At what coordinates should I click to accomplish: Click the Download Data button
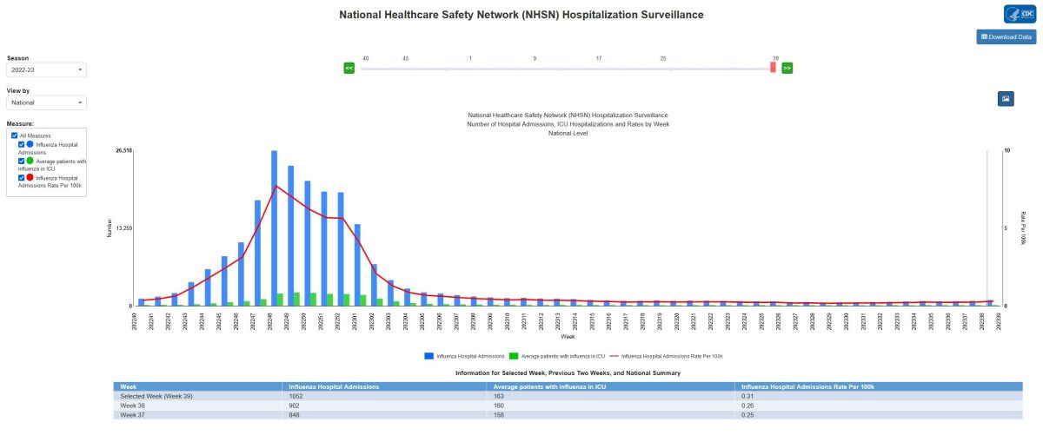[1006, 36]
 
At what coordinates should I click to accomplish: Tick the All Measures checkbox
[13, 135]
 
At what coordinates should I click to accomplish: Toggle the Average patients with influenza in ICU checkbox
[22, 161]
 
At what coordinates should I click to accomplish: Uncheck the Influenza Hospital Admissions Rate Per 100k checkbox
[22, 177]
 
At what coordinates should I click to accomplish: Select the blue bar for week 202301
[357, 264]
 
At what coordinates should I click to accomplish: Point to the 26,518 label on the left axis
[123, 150]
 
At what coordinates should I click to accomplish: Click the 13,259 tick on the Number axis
[123, 228]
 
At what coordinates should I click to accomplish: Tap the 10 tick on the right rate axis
[1006, 150]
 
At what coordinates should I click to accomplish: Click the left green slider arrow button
[349, 67]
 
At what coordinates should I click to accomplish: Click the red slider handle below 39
[773, 68]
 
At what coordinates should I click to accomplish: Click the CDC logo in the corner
[1019, 14]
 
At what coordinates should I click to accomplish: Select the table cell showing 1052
[295, 396]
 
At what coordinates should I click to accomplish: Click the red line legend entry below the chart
[668, 356]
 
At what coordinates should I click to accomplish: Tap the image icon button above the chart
[1006, 98]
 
